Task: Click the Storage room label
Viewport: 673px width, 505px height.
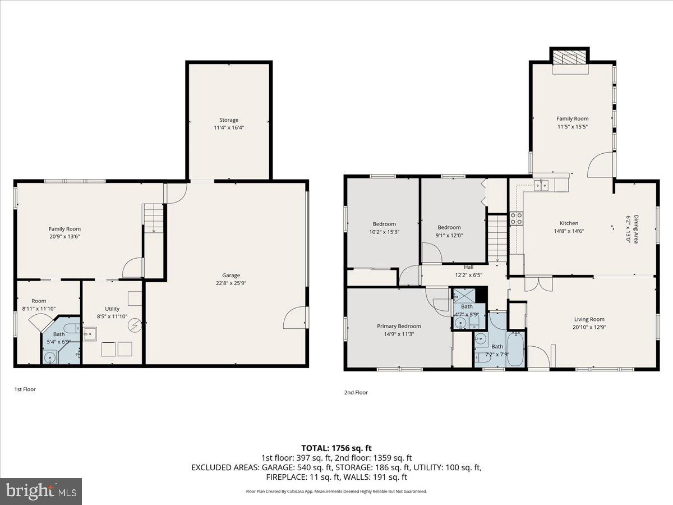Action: tap(228, 120)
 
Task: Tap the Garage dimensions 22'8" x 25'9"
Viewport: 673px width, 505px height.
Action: tap(231, 283)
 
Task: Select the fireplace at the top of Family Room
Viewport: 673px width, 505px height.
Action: tap(570, 58)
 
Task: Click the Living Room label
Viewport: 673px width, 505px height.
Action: tap(588, 319)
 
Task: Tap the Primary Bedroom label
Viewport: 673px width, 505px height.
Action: tap(399, 326)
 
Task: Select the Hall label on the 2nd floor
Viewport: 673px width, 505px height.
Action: tap(469, 267)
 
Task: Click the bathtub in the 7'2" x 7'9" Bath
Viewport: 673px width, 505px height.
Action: tap(515, 350)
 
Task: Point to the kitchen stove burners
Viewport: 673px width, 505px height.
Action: tap(516, 218)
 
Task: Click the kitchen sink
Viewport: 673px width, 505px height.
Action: tap(541, 185)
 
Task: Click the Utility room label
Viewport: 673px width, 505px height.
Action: tap(112, 309)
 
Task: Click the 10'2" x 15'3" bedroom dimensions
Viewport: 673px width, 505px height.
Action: tap(384, 232)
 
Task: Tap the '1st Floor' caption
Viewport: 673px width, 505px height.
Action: tap(25, 389)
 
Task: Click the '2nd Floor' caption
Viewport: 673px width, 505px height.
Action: tap(356, 392)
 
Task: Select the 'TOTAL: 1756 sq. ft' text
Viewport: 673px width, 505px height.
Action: tap(336, 448)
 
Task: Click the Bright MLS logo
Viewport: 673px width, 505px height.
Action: tap(41, 492)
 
